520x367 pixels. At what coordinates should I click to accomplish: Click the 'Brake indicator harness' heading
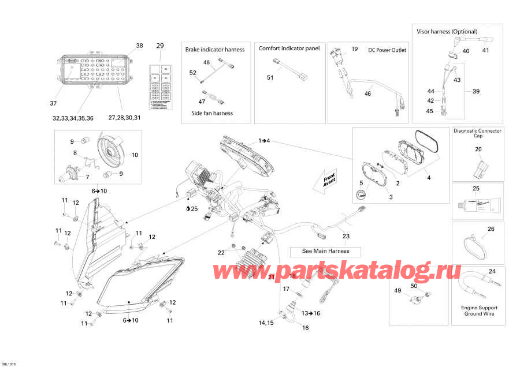click(214, 50)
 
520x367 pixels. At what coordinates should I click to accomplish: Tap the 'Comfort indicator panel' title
click(289, 49)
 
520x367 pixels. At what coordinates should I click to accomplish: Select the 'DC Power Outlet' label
click(387, 50)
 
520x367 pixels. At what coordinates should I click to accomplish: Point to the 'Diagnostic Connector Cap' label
click(477, 134)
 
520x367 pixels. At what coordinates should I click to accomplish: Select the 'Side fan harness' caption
click(211, 113)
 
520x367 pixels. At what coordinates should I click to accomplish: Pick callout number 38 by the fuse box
click(139, 46)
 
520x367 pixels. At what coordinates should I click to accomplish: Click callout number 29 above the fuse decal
click(160, 46)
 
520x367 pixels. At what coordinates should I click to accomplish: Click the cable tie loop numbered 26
click(476, 246)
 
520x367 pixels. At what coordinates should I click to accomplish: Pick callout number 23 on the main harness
click(346, 235)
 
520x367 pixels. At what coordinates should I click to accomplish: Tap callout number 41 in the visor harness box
click(486, 51)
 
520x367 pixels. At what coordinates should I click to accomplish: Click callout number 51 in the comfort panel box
click(270, 77)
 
